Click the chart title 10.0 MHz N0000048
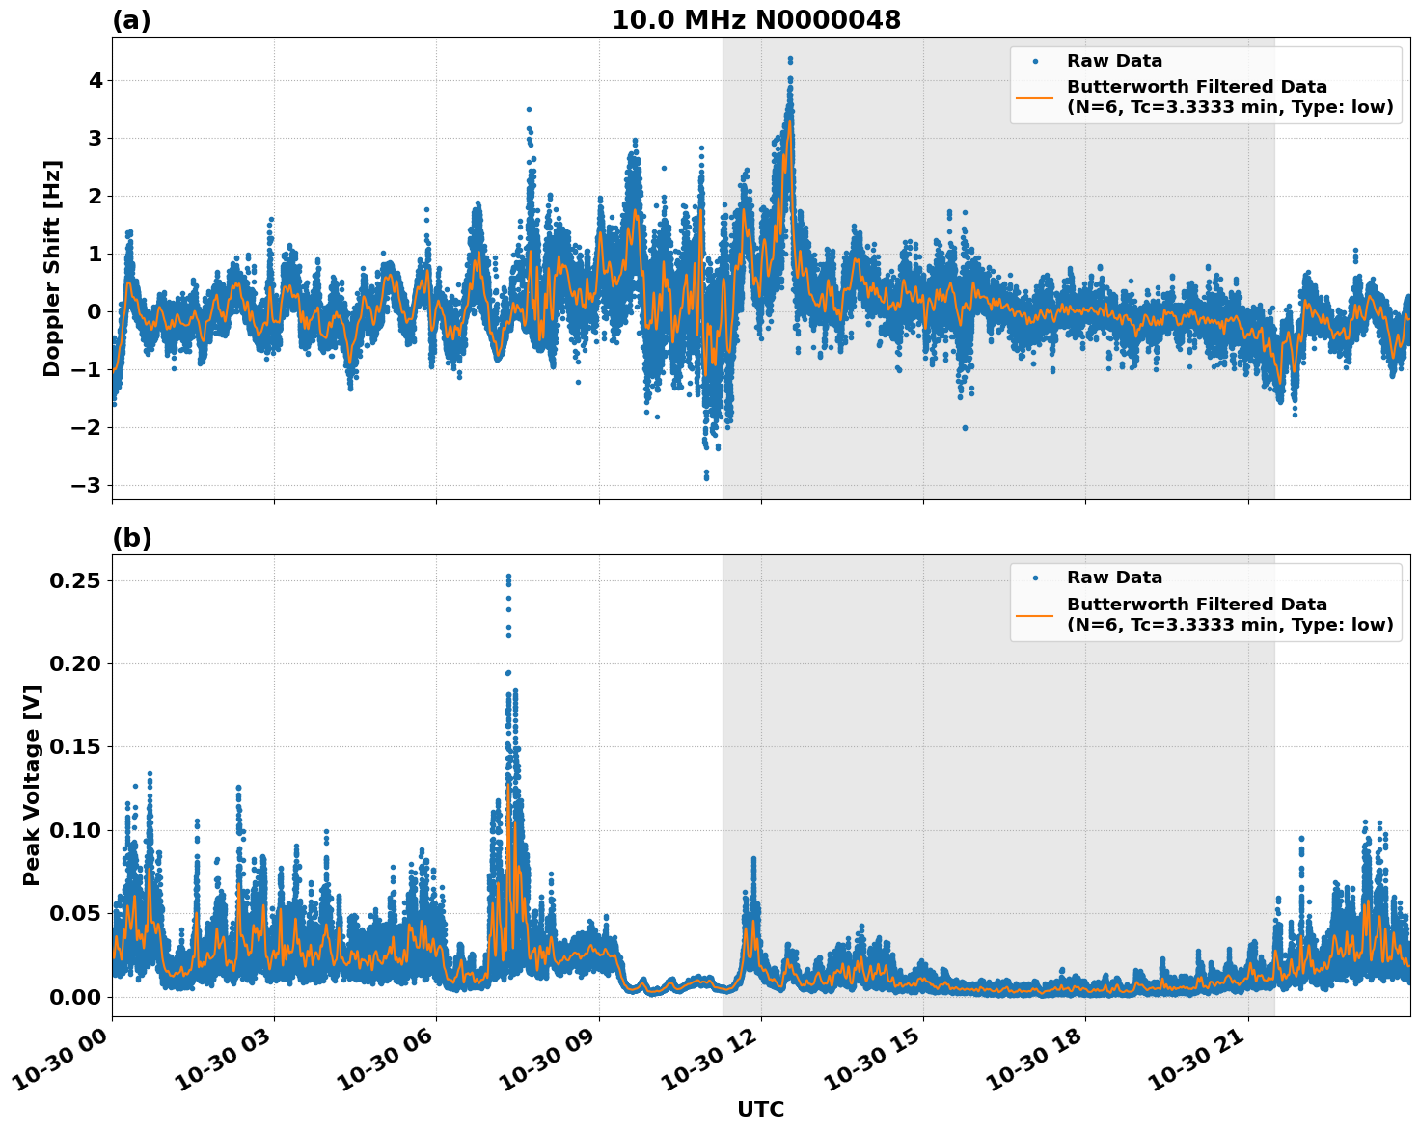(x=756, y=20)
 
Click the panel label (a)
(x=131, y=20)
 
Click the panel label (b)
(x=131, y=538)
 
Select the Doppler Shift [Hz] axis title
(x=52, y=268)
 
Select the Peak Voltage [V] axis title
(x=32, y=785)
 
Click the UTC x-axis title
(x=760, y=1109)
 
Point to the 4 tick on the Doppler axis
(x=95, y=80)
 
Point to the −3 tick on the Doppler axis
(x=86, y=485)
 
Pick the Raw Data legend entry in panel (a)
(x=1114, y=61)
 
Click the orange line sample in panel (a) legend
(x=1035, y=96)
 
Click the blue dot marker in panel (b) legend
(x=1035, y=578)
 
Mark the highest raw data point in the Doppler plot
(x=790, y=59)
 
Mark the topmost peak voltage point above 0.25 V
(x=508, y=577)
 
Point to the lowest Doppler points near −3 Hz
(x=706, y=477)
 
